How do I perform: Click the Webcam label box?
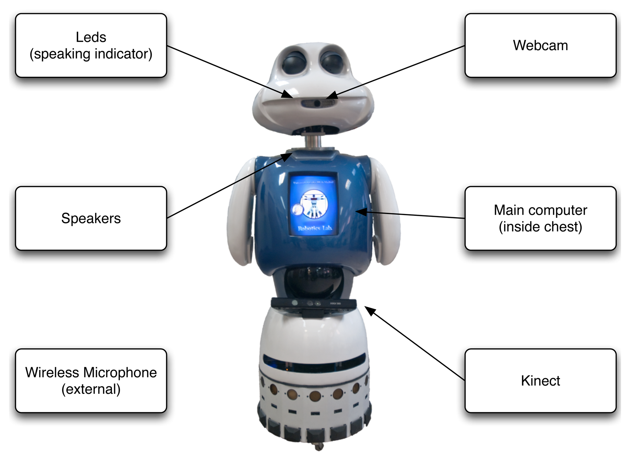click(540, 45)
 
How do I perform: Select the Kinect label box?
click(540, 381)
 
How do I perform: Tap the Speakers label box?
click(91, 218)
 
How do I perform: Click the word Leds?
click(91, 37)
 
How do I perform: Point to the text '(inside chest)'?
click(540, 227)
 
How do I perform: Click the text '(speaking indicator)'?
click(91, 54)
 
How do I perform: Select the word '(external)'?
click(91, 389)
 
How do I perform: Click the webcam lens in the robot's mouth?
click(317, 103)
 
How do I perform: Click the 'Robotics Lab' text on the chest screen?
click(315, 228)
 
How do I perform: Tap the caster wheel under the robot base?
click(319, 446)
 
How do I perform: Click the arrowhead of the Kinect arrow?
click(369, 310)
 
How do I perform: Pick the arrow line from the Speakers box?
click(227, 186)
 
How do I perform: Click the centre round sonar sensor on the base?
click(314, 395)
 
